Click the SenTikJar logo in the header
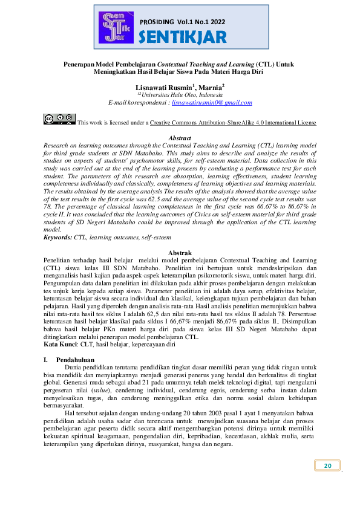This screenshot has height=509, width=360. (x=116, y=27)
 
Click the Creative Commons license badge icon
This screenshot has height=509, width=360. (x=59, y=119)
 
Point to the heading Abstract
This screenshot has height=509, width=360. (x=179, y=138)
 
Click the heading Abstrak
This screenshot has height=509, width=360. (x=179, y=252)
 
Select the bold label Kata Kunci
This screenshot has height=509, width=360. (x=60, y=344)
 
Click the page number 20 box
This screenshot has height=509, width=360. (x=328, y=465)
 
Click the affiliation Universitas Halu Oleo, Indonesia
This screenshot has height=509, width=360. (x=182, y=96)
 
